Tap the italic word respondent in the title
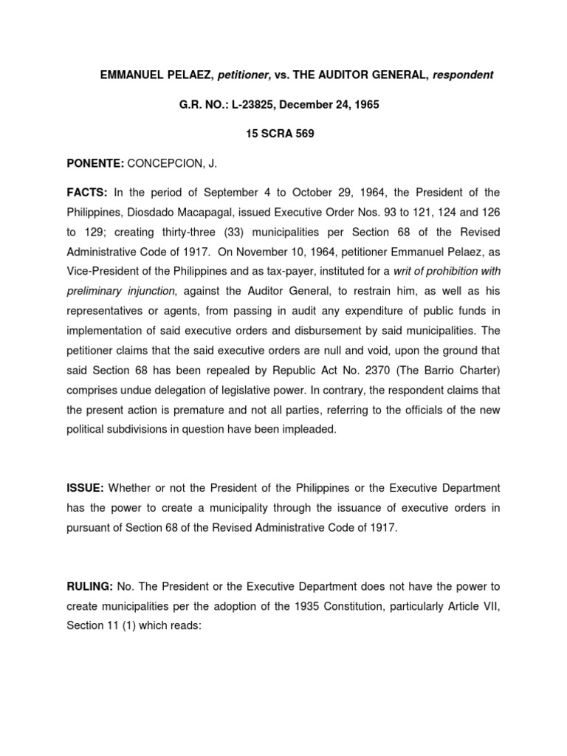[x=462, y=76]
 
